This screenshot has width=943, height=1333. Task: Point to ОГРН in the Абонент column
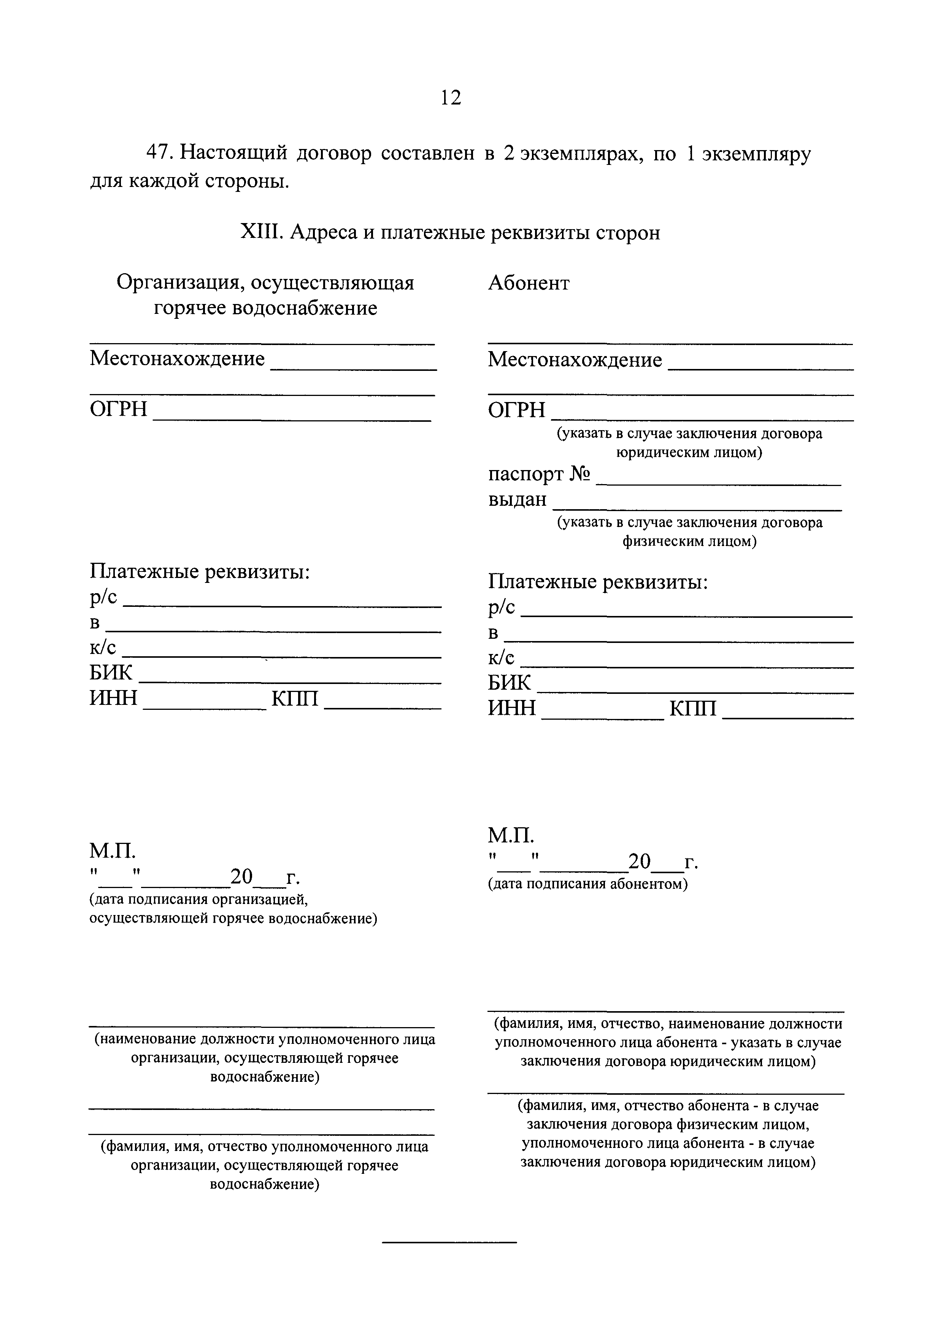click(516, 410)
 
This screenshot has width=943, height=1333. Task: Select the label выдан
click(517, 499)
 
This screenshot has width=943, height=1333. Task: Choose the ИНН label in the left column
click(113, 697)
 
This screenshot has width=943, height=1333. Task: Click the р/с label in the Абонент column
click(502, 607)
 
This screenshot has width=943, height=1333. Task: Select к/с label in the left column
click(103, 648)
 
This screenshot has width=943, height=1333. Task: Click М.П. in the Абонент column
click(510, 836)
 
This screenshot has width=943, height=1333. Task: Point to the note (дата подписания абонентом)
click(587, 884)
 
